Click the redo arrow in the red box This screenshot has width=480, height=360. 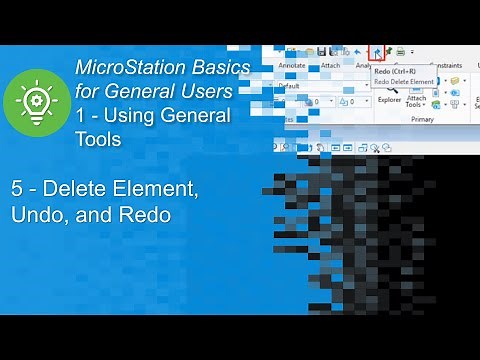click(x=377, y=51)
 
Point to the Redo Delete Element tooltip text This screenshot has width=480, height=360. click(x=405, y=82)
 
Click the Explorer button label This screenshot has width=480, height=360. click(x=390, y=99)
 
